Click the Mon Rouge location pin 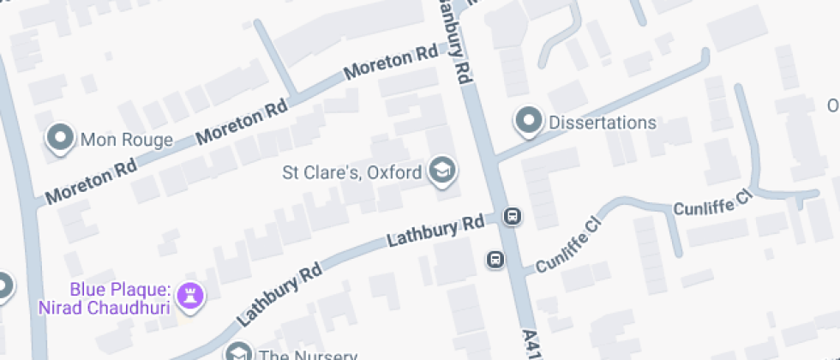pos(61,139)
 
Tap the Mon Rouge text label pos(126,139)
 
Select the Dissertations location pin pos(529,122)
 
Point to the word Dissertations pos(602,123)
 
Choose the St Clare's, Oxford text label pos(352,172)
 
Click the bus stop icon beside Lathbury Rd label pos(512,216)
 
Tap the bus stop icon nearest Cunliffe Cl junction pos(495,259)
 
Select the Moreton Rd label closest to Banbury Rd pos(391,63)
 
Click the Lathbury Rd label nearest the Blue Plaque pos(279,294)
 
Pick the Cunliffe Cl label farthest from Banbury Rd pos(712,203)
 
